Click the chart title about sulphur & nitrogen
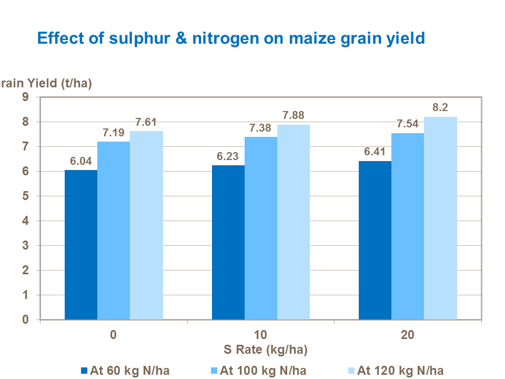pos(230,38)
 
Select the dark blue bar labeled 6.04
pos(81,245)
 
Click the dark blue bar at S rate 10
pos(228,242)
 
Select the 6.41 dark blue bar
pos(375,240)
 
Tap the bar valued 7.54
pos(408,226)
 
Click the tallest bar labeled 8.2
pos(440,218)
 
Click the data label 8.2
pos(440,108)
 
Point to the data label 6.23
pos(228,156)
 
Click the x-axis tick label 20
pos(408,335)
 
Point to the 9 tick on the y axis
pos(25,97)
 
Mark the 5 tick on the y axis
pos(25,196)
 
